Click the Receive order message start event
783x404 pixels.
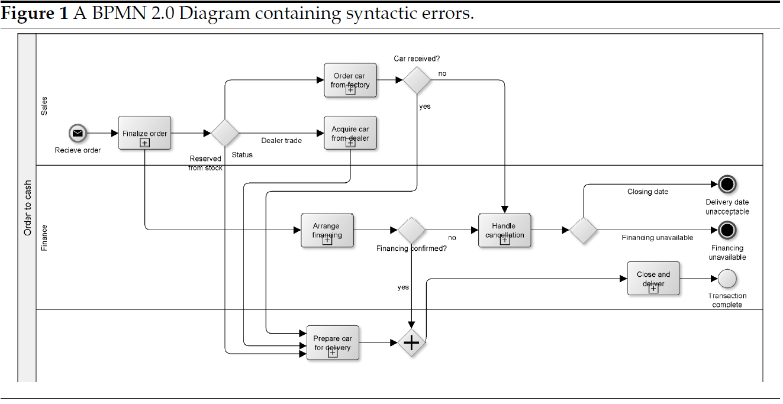77,133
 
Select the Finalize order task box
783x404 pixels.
144,133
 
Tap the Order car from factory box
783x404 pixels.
350,80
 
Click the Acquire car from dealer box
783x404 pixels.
350,133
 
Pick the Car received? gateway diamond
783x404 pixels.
417,80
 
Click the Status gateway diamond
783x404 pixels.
225,133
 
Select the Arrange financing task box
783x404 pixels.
327,230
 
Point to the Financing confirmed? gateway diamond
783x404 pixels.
411,230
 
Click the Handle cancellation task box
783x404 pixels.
504,230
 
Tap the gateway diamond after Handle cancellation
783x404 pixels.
583,230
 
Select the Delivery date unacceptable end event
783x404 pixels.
727,185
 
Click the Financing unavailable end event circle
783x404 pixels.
727,230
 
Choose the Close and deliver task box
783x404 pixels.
653,279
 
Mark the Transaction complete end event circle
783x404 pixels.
727,278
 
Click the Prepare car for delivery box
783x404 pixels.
333,343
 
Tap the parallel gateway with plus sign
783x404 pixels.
411,343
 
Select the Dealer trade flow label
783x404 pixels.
281,141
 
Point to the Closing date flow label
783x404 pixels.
647,192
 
